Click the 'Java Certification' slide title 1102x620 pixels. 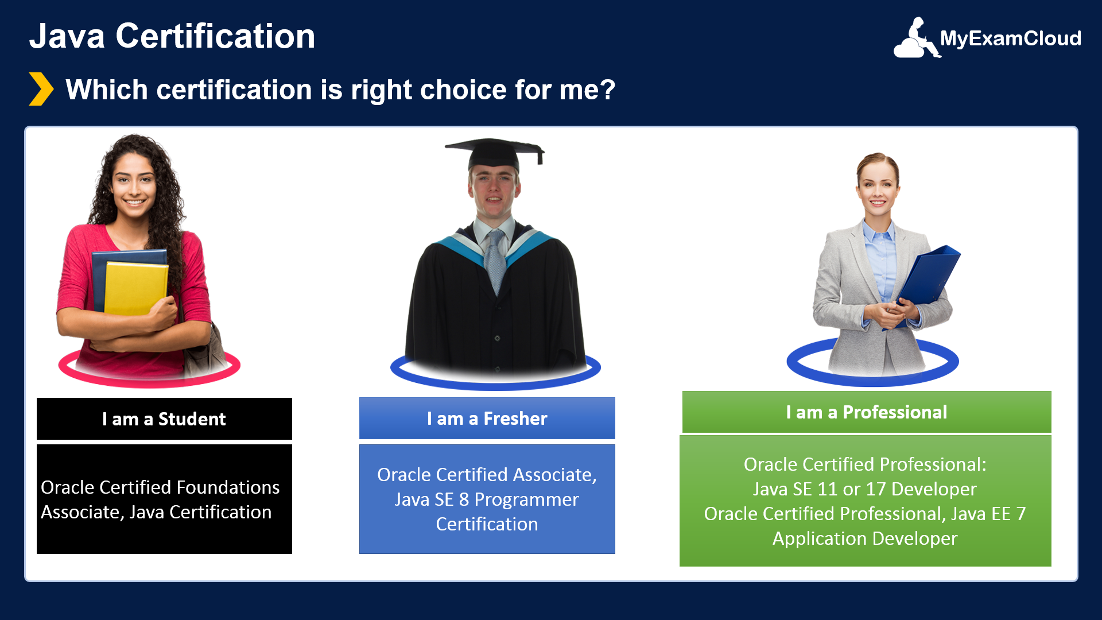[172, 36]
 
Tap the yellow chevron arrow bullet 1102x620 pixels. [41, 89]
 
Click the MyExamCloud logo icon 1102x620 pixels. [917, 38]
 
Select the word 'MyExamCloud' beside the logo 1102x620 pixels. [1011, 38]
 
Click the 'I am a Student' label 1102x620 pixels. [164, 419]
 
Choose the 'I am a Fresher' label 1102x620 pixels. [487, 418]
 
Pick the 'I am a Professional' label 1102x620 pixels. [867, 412]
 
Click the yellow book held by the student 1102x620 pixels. [135, 288]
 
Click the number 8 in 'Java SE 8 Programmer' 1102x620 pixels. [464, 500]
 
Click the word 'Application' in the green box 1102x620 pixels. [820, 539]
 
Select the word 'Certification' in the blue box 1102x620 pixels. [487, 524]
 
